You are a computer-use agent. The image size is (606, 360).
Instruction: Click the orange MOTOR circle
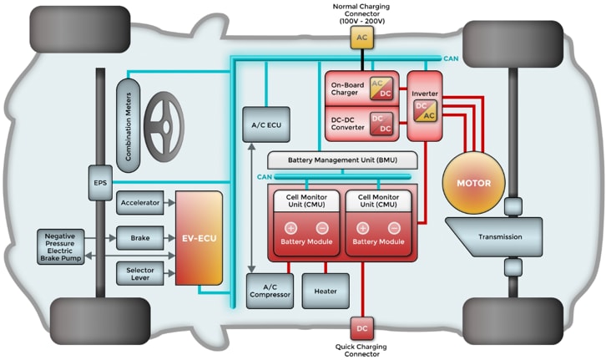(479, 183)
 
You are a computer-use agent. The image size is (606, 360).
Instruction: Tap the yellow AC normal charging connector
(361, 38)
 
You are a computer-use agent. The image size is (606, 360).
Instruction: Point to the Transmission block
(499, 236)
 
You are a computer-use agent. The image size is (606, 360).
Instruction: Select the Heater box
(326, 291)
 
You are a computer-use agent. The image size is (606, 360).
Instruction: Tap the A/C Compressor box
(269, 291)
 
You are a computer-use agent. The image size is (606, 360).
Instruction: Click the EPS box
(100, 180)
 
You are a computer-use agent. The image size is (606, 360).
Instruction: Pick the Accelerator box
(139, 203)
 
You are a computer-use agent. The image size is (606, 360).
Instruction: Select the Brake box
(139, 238)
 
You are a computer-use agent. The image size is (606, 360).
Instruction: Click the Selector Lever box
(139, 273)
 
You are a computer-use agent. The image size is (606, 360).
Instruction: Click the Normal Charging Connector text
(361, 12)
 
